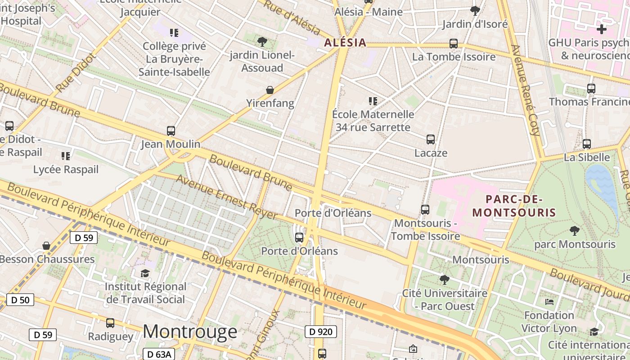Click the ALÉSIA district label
345,43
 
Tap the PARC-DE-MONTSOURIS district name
514,206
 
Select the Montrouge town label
190,332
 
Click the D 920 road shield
321,332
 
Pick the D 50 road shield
20,300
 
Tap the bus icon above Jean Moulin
171,131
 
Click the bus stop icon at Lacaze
431,139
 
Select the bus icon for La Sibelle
587,144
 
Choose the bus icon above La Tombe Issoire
454,44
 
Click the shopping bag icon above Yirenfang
270,90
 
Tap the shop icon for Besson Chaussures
46,246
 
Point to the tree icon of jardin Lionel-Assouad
262,42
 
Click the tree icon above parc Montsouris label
574,231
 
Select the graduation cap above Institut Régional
145,273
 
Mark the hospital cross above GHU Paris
601,30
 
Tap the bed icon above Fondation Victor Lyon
549,301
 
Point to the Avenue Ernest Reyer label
226,197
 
